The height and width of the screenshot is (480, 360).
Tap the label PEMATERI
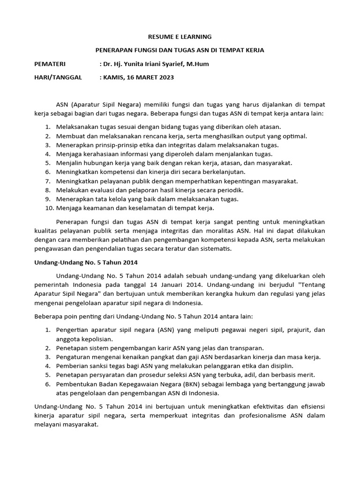point(50,64)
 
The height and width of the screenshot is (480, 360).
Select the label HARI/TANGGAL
point(58,77)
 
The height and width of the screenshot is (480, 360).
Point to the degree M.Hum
point(197,64)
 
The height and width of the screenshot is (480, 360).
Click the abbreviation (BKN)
point(186,384)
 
